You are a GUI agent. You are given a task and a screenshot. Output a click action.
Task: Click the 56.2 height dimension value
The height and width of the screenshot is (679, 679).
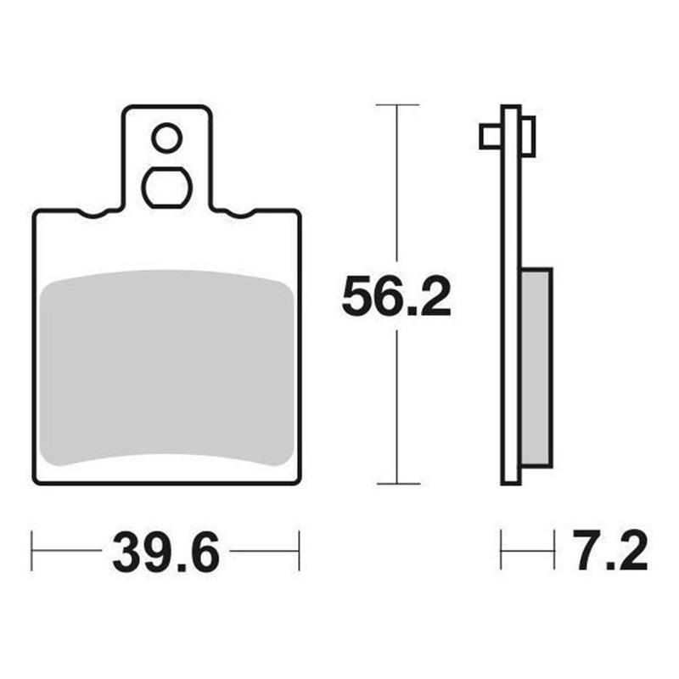point(396,296)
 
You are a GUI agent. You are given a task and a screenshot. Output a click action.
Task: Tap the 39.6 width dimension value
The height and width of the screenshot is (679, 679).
point(166,553)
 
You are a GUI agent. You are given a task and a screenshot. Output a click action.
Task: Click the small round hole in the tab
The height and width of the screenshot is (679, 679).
point(166,137)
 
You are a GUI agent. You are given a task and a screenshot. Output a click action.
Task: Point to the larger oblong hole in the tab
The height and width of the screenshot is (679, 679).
point(166,187)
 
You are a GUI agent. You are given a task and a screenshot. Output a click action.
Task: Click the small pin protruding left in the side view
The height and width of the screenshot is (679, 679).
point(490,136)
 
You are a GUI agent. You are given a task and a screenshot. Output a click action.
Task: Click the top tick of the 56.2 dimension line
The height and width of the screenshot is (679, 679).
point(397,105)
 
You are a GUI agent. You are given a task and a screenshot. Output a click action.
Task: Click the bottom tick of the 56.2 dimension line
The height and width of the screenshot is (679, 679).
point(397,484)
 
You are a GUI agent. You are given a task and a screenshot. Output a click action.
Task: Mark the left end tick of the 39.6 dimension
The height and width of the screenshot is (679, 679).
point(32,551)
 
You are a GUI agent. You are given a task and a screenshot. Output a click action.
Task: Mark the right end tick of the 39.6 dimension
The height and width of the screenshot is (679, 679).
point(299,551)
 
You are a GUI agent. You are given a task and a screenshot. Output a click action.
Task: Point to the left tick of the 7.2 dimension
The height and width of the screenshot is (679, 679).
point(502,551)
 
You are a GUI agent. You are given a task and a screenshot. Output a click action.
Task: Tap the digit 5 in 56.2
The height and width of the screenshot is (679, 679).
point(357,296)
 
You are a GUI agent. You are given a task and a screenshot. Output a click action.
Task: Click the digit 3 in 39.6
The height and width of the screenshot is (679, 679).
point(127,553)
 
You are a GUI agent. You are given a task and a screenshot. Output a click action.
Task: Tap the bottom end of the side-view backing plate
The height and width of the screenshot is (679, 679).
point(510,481)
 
